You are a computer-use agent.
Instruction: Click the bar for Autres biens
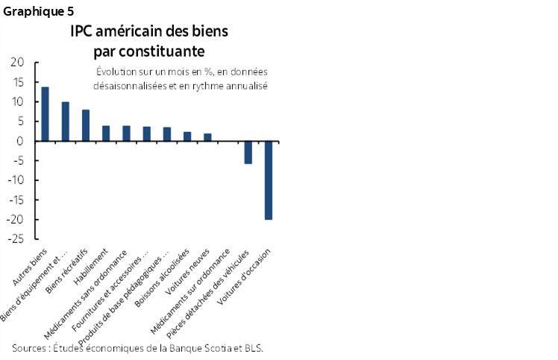(x=45, y=114)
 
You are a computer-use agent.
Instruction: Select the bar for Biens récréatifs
(x=86, y=125)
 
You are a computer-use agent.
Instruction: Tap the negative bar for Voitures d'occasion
(x=268, y=180)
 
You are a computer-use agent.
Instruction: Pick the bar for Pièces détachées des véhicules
(x=248, y=152)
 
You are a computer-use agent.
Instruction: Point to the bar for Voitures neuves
(x=207, y=137)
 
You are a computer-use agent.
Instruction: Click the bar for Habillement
(x=106, y=133)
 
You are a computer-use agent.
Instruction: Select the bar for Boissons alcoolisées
(x=187, y=136)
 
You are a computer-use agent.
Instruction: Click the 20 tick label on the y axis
(x=16, y=63)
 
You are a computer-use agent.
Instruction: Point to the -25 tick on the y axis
(x=14, y=239)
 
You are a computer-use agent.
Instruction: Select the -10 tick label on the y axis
(x=14, y=180)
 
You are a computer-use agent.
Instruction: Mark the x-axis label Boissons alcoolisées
(x=156, y=280)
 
